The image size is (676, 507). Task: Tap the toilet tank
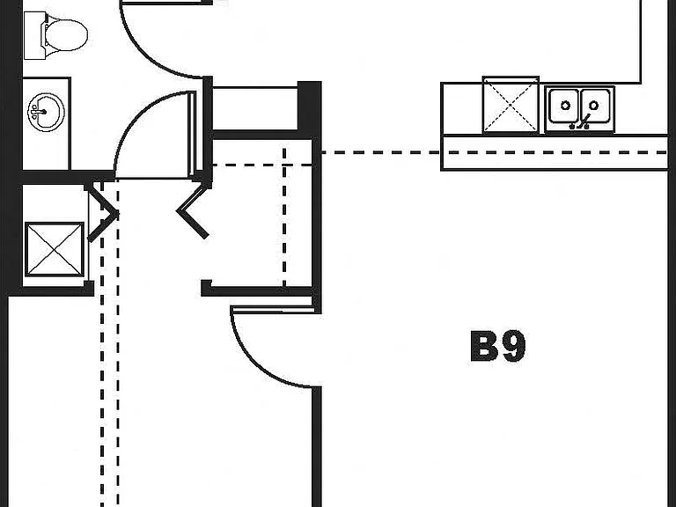point(34,35)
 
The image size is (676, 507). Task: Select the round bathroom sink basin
point(46,112)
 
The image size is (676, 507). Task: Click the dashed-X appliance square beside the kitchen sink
point(511,105)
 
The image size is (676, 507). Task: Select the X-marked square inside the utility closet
point(55,249)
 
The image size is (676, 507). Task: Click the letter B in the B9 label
point(485,346)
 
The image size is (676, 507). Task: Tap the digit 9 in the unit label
point(513,346)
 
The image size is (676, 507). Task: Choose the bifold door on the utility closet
point(103,213)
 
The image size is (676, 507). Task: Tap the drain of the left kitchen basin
point(565,106)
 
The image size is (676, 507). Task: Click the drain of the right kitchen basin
point(593,106)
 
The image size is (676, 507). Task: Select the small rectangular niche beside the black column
point(255,108)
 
